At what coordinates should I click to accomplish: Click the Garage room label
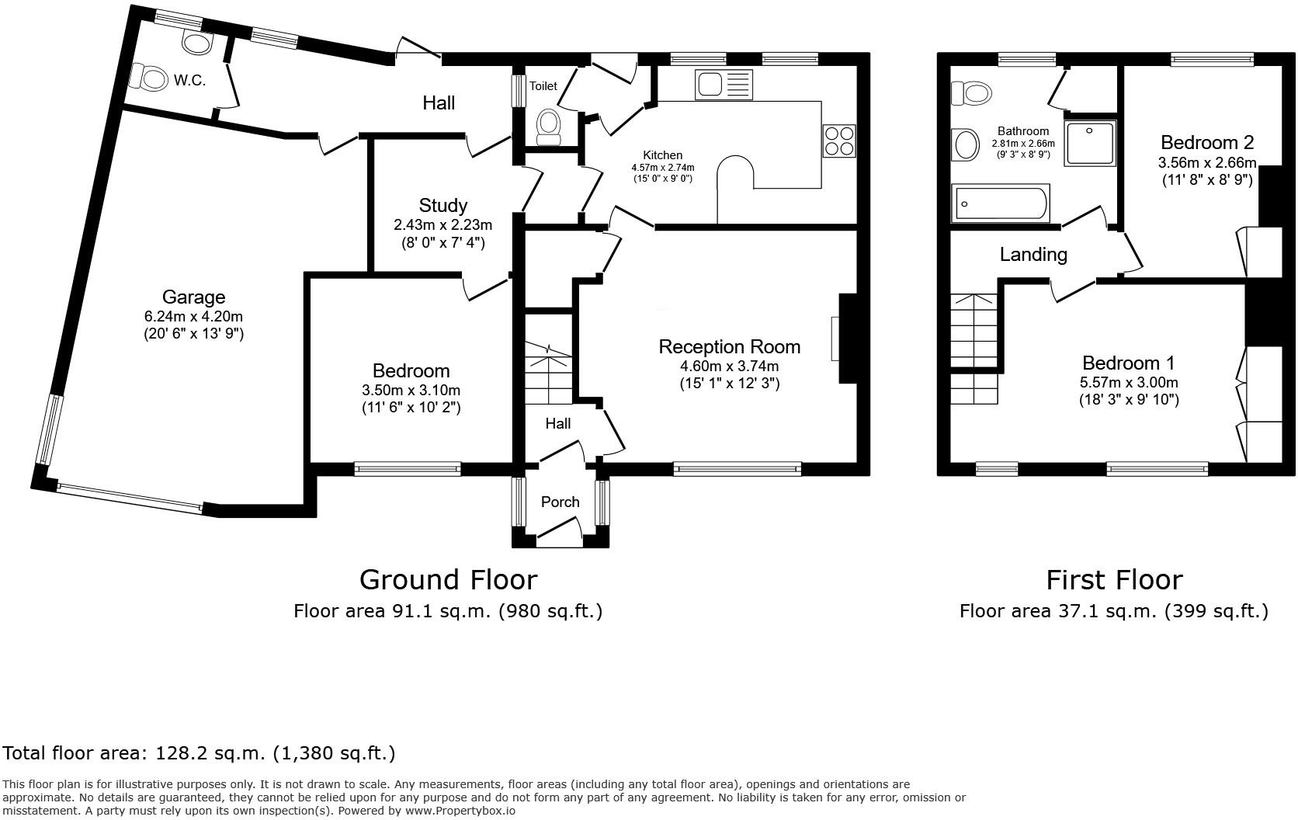[x=193, y=297]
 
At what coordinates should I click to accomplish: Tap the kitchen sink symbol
[x=724, y=82]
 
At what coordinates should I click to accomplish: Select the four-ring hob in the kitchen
[x=839, y=141]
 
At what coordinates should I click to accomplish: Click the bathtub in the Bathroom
[x=1001, y=203]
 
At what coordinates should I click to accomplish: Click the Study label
[x=442, y=205]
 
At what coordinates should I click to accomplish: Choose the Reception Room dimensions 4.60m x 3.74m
[x=729, y=366]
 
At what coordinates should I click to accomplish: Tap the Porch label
[x=560, y=502]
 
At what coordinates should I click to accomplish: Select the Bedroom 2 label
[x=1206, y=142]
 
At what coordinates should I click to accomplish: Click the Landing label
[x=1032, y=254]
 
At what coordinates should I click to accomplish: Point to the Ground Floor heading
[x=448, y=579]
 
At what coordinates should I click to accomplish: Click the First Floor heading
[x=1113, y=579]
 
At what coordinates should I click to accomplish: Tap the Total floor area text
[x=199, y=752]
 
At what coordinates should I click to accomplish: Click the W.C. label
[x=189, y=80]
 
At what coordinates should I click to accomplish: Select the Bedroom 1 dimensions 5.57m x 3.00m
[x=1128, y=382]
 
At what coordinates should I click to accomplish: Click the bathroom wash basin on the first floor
[x=966, y=144]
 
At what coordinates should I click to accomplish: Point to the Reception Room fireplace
[x=846, y=339]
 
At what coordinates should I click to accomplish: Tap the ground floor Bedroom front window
[x=407, y=468]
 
